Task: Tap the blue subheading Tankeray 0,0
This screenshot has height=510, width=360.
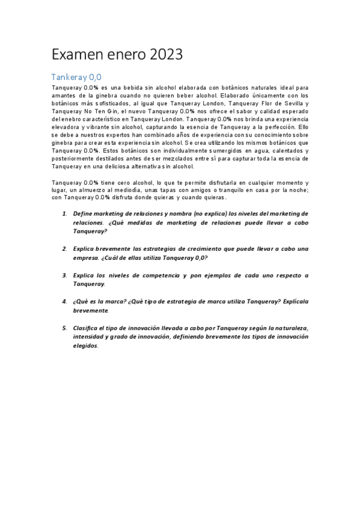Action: [x=77, y=77]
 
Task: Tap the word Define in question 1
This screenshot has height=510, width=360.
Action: [x=83, y=214]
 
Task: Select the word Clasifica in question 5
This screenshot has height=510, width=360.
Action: [x=88, y=328]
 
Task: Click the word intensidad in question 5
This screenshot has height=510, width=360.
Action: [x=90, y=337]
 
